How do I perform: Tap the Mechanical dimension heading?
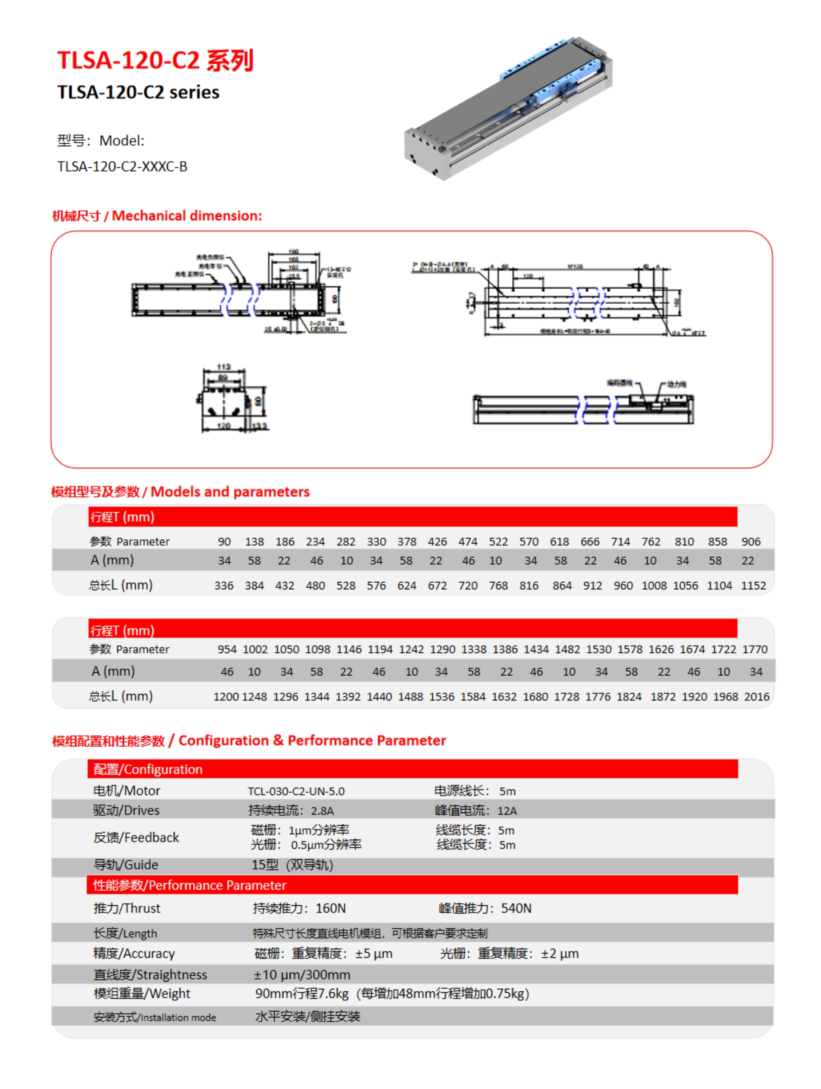click(157, 216)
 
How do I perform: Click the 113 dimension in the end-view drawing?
click(223, 367)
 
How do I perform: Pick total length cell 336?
click(224, 585)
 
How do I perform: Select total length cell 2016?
click(756, 697)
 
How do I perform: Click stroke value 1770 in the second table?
click(754, 649)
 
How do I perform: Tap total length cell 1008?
click(654, 585)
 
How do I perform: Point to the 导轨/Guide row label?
click(126, 865)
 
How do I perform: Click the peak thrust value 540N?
click(516, 908)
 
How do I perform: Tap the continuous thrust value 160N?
click(331, 908)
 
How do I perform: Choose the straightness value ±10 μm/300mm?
click(302, 975)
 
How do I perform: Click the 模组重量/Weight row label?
click(142, 994)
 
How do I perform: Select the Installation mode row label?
click(155, 1017)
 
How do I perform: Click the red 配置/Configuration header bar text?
click(148, 770)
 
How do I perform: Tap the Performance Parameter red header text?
click(189, 885)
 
